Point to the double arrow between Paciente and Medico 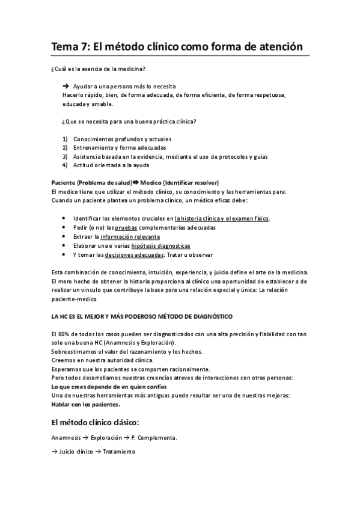click(x=135, y=183)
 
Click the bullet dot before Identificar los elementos click(x=64, y=219)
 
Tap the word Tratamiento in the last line click(x=118, y=451)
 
